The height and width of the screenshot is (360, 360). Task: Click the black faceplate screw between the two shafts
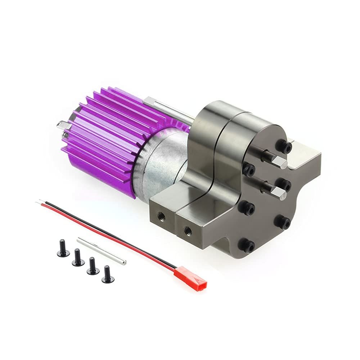249,169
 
